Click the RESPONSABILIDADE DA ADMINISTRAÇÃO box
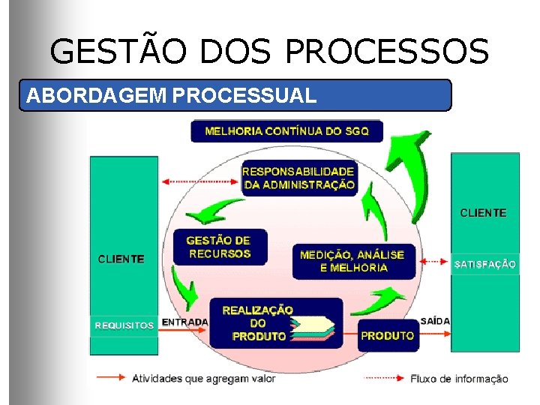click(x=298, y=178)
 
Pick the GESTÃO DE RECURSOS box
click(x=219, y=247)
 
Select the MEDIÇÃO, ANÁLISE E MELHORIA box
click(x=352, y=261)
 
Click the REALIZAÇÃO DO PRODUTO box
click(x=259, y=323)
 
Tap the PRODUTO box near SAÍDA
click(x=387, y=335)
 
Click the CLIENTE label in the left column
click(x=121, y=259)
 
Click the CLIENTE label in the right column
click(x=483, y=213)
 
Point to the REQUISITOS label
click(x=124, y=325)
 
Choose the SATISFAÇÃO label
click(x=485, y=264)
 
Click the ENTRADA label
click(x=185, y=322)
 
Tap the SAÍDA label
click(x=436, y=321)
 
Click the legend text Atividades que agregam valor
click(x=204, y=378)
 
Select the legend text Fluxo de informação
click(x=459, y=379)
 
